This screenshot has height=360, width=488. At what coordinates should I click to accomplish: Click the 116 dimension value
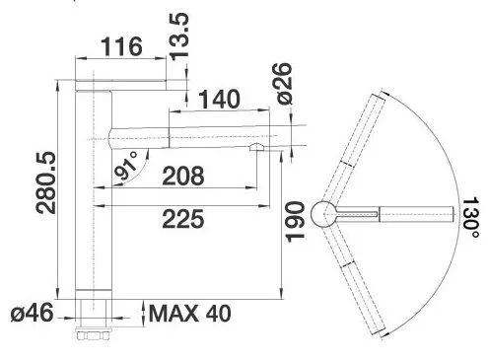(121, 46)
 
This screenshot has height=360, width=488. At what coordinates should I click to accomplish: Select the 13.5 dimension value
(179, 36)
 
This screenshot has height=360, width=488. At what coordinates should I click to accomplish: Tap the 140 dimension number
(220, 99)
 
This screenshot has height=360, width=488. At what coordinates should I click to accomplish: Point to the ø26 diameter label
(283, 84)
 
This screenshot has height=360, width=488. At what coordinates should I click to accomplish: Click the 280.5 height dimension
(46, 182)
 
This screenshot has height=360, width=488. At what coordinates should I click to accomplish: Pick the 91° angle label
(126, 167)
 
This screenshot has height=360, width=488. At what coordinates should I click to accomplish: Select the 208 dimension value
(183, 176)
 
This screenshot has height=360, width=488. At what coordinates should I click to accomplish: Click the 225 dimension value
(183, 219)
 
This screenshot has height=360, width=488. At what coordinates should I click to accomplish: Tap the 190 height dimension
(295, 222)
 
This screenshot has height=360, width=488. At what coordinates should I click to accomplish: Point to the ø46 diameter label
(32, 313)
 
